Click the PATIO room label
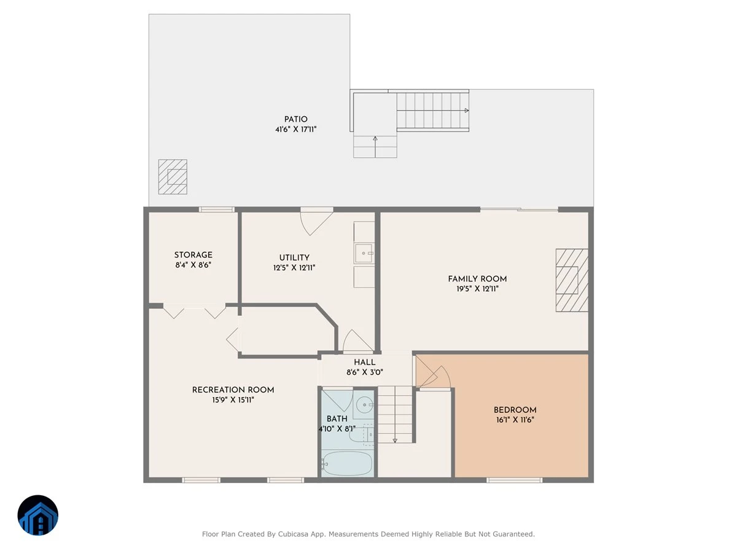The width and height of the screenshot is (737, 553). click(295, 119)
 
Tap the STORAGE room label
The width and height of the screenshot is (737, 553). click(193, 255)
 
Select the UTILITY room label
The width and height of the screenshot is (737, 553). click(294, 257)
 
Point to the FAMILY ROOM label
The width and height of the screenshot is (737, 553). click(477, 279)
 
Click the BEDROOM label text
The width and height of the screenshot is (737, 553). click(515, 410)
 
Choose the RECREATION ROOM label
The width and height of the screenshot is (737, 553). click(233, 390)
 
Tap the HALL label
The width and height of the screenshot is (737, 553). click(365, 363)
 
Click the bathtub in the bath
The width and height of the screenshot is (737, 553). click(347, 463)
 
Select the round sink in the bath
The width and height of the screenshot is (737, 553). click(364, 405)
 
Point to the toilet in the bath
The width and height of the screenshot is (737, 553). click(361, 435)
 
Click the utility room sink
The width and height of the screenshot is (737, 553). click(364, 254)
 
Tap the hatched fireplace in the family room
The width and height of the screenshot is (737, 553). click(572, 280)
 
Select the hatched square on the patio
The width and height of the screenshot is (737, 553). click(173, 176)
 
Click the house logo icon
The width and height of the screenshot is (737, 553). click(38, 515)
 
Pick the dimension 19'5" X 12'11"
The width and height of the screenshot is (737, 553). click(477, 289)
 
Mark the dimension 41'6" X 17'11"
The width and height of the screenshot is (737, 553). click(295, 129)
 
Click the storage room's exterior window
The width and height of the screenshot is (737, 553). click(217, 210)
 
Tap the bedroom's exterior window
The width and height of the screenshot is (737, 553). click(515, 480)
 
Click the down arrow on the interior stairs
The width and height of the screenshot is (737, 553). click(395, 440)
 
